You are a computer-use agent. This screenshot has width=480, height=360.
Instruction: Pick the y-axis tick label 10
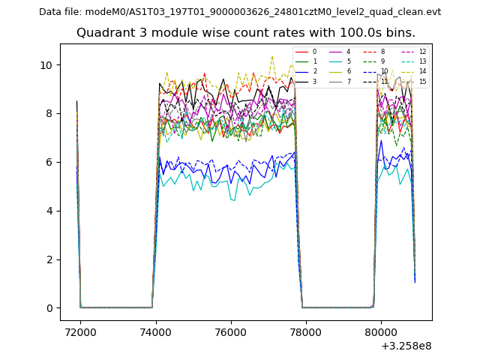click(x=46, y=64)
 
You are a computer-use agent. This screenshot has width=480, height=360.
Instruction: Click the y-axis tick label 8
click(x=49, y=113)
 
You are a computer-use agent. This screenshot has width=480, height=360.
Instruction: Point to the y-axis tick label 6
click(x=49, y=162)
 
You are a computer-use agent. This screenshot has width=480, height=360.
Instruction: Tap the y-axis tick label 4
click(x=49, y=211)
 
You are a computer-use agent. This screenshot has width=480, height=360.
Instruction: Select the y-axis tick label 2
click(x=49, y=259)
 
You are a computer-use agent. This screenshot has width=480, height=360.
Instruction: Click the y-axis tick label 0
click(x=49, y=308)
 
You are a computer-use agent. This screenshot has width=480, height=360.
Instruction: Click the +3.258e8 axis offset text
click(x=406, y=346)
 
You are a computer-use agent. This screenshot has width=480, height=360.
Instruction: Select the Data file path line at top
click(x=240, y=11)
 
